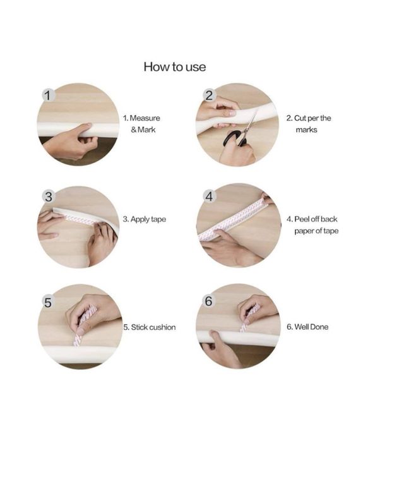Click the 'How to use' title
pyautogui.click(x=175, y=67)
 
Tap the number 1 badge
pyautogui.click(x=48, y=95)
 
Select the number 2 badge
pyautogui.click(x=209, y=95)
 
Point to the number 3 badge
pyautogui.click(x=49, y=197)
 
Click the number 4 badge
pyautogui.click(x=209, y=197)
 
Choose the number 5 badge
pyautogui.click(x=48, y=302)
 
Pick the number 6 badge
pyautogui.click(x=208, y=301)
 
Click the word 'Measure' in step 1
pyautogui.click(x=145, y=118)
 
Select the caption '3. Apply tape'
pyautogui.click(x=144, y=219)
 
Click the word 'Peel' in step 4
pyautogui.click(x=302, y=219)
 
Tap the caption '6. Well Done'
pyautogui.click(x=307, y=327)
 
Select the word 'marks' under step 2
pyautogui.click(x=306, y=130)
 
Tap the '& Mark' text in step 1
pyautogui.click(x=143, y=130)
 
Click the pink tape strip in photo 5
pyautogui.click(x=83, y=325)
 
